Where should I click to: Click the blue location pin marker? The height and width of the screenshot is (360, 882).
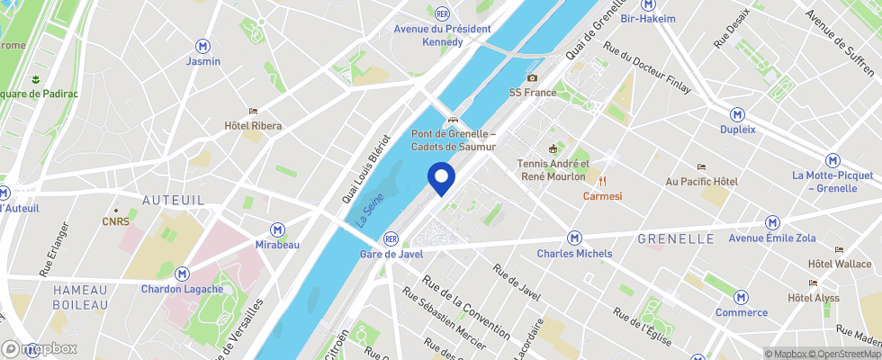click(x=441, y=177)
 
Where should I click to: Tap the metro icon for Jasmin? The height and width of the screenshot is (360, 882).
click(x=202, y=45)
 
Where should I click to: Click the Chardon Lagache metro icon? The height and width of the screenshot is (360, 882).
click(x=183, y=274)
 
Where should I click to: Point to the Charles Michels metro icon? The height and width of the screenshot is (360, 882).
click(x=574, y=238)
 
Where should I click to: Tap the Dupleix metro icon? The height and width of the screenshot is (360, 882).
click(x=738, y=114)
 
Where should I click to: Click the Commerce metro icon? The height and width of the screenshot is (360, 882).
click(x=742, y=297)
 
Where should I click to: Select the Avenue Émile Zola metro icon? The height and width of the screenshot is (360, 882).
click(x=772, y=222)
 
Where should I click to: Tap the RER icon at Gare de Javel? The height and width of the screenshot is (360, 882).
click(x=391, y=238)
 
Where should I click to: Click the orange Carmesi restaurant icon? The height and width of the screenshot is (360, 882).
click(x=603, y=181)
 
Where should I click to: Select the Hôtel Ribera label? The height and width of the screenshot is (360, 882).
click(x=253, y=125)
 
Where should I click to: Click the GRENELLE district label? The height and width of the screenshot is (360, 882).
click(x=675, y=238)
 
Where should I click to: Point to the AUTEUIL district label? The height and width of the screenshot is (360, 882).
click(x=175, y=199)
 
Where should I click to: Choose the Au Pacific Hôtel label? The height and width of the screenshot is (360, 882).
click(x=701, y=181)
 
